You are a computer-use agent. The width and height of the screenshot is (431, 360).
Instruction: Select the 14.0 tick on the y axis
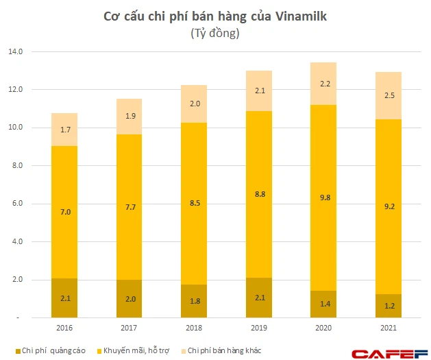(15, 51)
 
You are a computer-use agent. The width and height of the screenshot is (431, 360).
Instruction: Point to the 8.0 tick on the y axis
(16, 165)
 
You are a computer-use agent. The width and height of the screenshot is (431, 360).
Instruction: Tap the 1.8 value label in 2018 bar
(195, 300)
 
